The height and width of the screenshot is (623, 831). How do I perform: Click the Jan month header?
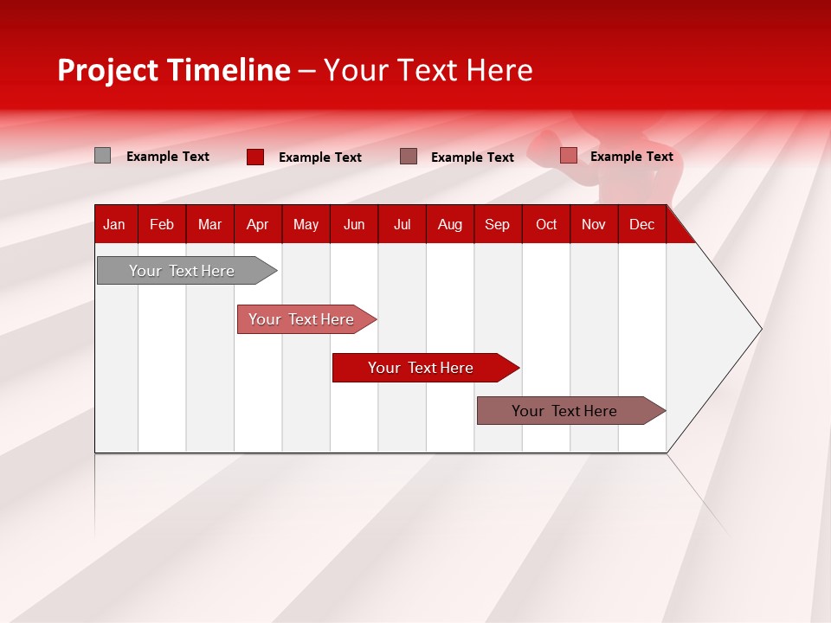[x=114, y=224]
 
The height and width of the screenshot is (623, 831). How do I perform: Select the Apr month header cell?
[x=257, y=224]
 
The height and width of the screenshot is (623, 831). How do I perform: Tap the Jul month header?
[x=402, y=224]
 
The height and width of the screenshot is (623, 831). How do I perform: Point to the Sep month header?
[x=497, y=224]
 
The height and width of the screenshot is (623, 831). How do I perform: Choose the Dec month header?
[x=641, y=224]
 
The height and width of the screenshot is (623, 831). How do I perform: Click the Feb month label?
[x=162, y=224]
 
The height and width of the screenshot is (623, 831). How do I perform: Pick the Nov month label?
[x=593, y=224]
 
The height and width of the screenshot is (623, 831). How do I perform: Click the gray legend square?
[x=102, y=156]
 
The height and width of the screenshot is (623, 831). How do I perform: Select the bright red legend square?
[x=254, y=157]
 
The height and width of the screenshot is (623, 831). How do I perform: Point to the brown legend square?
[x=409, y=157]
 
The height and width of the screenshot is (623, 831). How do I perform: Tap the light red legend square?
[x=568, y=156]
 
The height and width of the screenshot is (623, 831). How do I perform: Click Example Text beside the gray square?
[x=168, y=157]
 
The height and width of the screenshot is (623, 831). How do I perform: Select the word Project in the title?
[x=107, y=70]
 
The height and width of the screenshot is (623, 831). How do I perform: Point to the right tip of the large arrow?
[x=760, y=329]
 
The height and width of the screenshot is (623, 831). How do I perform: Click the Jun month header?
[x=354, y=224]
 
